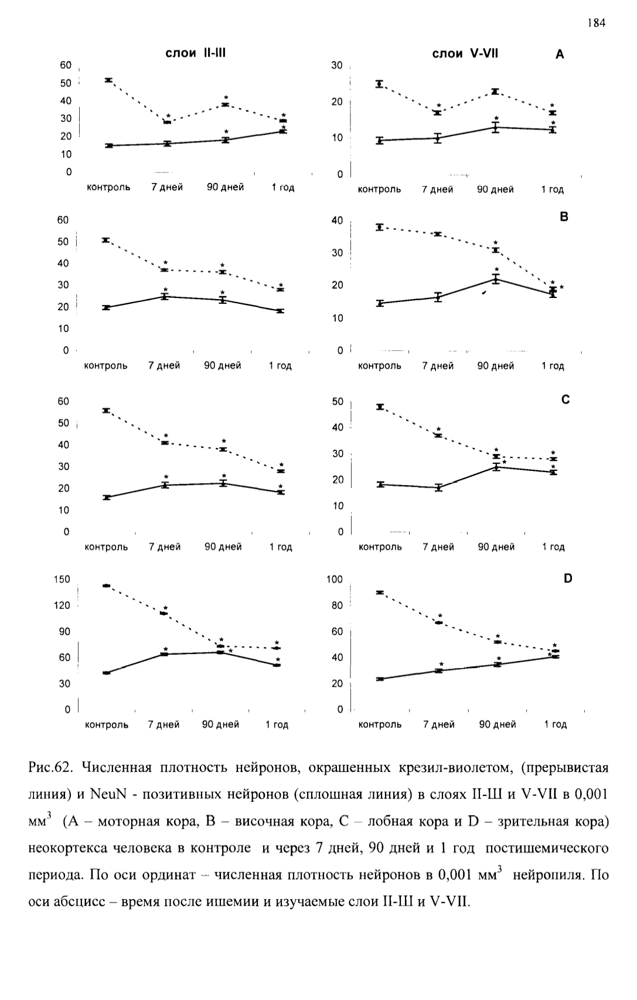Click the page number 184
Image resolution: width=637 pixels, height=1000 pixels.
[597, 23]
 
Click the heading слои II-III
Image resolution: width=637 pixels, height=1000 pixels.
[195, 53]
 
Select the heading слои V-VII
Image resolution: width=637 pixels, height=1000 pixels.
[465, 53]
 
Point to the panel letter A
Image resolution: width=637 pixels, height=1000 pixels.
[560, 55]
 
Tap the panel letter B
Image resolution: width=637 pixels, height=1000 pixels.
[564, 217]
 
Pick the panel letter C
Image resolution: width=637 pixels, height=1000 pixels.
[565, 399]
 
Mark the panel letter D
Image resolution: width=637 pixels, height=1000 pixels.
[567, 578]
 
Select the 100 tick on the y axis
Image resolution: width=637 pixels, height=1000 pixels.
[335, 579]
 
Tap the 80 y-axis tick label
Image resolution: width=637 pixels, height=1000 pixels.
[337, 605]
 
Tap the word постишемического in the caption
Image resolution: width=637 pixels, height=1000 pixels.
[547, 848]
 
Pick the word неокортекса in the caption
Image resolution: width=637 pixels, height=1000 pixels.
[68, 848]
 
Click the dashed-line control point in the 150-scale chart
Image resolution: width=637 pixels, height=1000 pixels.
[106, 586]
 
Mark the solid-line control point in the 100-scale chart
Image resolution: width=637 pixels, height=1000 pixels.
[380, 679]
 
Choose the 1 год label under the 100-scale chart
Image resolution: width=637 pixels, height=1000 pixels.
[556, 724]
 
